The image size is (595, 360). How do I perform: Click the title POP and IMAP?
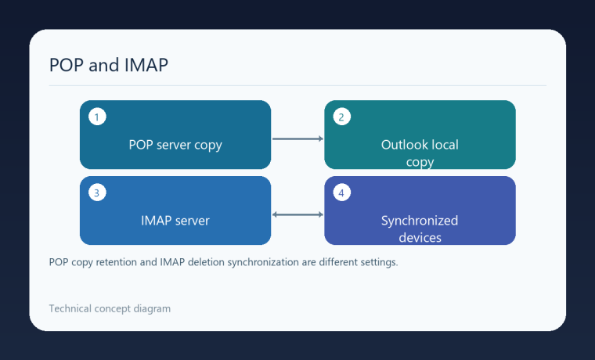click(x=109, y=65)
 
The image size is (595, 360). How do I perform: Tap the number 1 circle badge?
click(x=97, y=117)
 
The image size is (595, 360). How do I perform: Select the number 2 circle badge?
click(x=341, y=117)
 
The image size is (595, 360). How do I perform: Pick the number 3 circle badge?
click(x=97, y=193)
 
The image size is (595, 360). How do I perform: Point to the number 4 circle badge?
click(x=341, y=193)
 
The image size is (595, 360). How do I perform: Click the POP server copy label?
click(x=175, y=146)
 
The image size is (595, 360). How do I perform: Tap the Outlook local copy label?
click(x=420, y=153)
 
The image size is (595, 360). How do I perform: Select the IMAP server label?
click(x=175, y=221)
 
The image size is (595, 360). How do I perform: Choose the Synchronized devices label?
click(x=420, y=229)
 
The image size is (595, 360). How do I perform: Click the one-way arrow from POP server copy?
click(x=297, y=139)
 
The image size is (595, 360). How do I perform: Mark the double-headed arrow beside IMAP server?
click(x=297, y=214)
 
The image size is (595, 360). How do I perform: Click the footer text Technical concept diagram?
click(x=110, y=309)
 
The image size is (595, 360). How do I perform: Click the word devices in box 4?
click(x=420, y=238)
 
